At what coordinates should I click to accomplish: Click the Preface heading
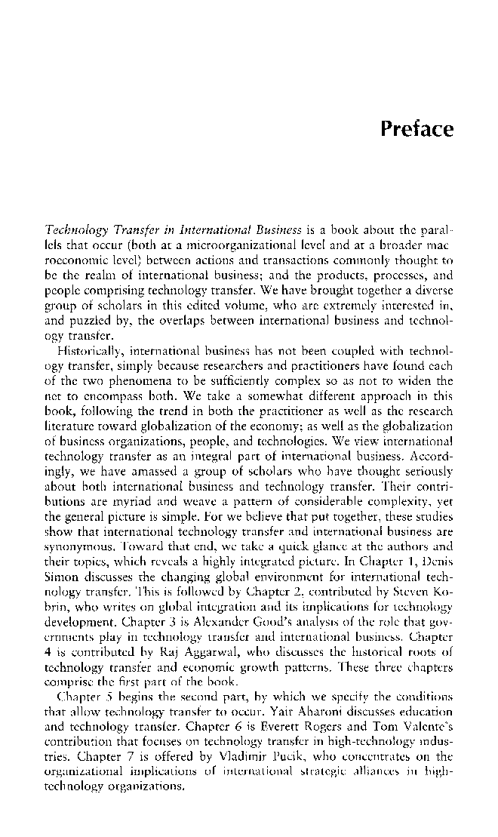(417, 129)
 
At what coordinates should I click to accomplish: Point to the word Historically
(89, 341)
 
